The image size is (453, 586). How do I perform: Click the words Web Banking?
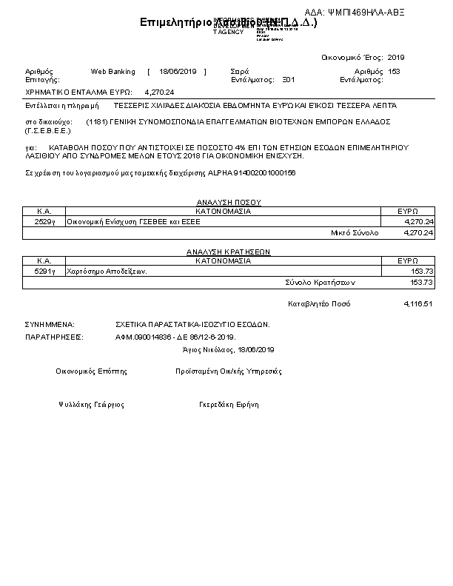click(x=113, y=72)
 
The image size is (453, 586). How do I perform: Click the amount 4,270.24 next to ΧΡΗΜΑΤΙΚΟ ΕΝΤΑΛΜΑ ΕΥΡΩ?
click(x=160, y=92)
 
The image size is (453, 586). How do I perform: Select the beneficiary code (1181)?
click(x=98, y=121)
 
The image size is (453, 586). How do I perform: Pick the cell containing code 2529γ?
click(x=44, y=221)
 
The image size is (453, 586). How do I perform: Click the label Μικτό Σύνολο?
click(x=354, y=232)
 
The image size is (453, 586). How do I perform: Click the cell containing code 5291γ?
click(x=44, y=272)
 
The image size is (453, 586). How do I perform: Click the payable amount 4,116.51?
click(x=418, y=304)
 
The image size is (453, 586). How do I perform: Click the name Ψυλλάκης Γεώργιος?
click(x=91, y=405)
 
